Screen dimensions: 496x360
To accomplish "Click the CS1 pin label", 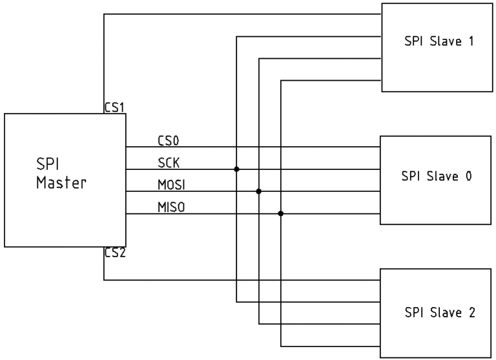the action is point(114,107).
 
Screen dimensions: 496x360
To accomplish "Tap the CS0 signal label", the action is point(169,141).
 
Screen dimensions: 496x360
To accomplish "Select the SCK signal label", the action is point(169,163).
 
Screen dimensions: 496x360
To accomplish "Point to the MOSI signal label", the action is point(171,185).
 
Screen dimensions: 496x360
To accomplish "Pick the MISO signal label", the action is point(171,207).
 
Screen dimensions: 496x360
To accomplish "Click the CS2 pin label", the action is point(115,253).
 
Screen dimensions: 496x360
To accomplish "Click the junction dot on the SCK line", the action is point(236,169).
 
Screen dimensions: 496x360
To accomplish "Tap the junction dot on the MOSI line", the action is point(259,191).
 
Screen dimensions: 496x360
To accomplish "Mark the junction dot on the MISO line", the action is point(280,213).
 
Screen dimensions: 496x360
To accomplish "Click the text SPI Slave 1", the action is point(439,41).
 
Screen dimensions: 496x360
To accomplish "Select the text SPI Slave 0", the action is point(437,176).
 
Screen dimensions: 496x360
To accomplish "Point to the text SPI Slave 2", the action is point(440,313).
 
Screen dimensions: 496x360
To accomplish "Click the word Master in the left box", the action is point(61,183).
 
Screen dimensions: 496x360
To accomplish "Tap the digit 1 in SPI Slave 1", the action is point(471,41).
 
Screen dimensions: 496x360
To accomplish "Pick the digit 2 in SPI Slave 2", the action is point(472,313).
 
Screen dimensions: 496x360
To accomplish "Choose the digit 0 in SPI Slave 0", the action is point(469,176).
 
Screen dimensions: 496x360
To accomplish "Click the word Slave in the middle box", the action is point(442,176).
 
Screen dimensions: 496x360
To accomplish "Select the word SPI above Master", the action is point(47,164).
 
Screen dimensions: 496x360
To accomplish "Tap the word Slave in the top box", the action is point(446,41).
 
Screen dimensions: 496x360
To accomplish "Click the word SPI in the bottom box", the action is point(414,313).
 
